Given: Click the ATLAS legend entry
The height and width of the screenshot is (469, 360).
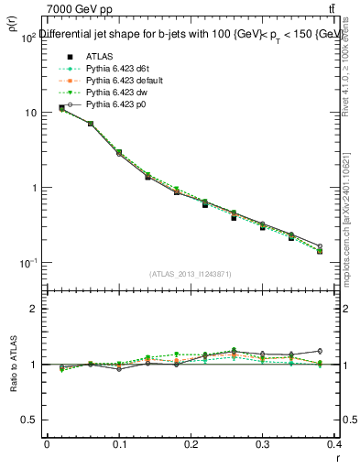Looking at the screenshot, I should coord(98,54).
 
